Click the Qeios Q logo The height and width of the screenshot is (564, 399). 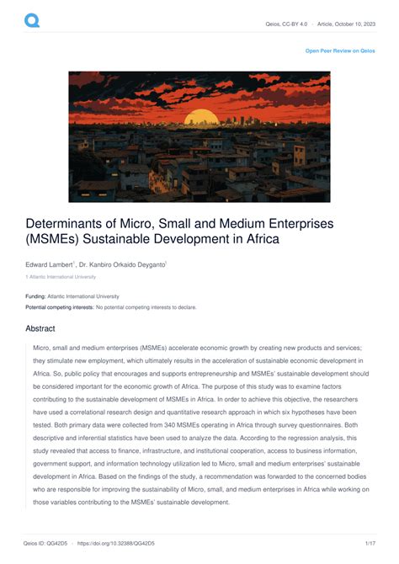tap(31, 21)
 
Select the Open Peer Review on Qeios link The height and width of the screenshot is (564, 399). tap(340, 51)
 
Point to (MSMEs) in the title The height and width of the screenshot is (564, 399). tap(54, 240)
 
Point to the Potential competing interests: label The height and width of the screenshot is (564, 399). tap(59, 307)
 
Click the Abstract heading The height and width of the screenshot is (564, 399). tap(40, 329)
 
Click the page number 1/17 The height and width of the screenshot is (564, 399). tap(369, 545)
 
